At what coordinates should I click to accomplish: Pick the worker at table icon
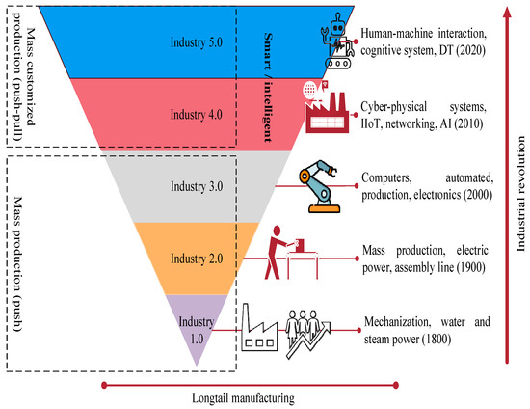292,257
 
